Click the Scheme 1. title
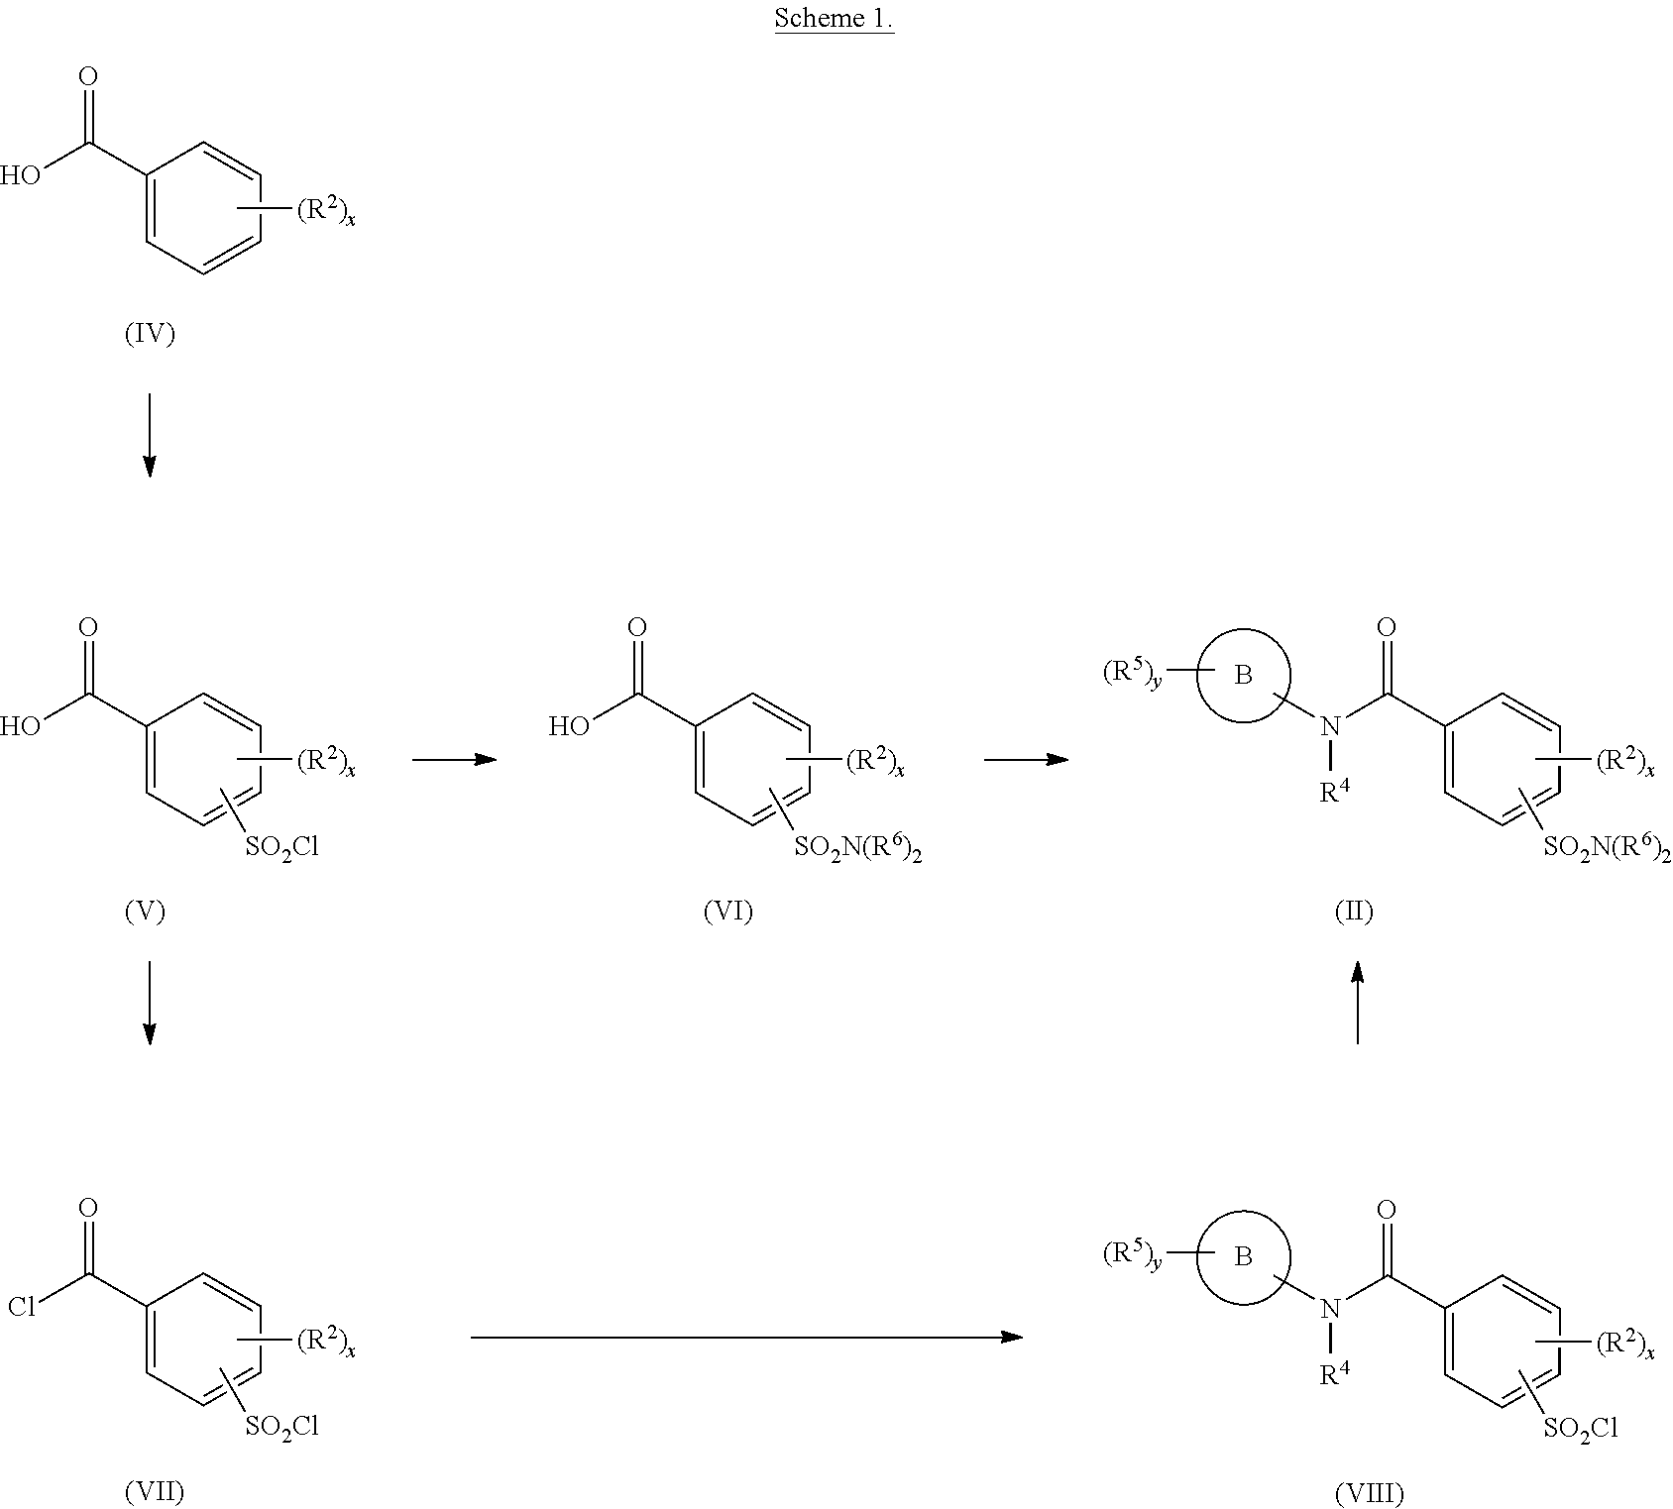pos(835,19)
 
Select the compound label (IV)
pos(150,334)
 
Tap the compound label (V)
pos(145,911)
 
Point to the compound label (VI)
pos(728,911)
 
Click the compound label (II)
pos(1354,911)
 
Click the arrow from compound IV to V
pos(150,435)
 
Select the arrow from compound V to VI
pos(454,760)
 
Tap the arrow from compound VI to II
pos(1027,760)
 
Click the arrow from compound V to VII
pos(150,1003)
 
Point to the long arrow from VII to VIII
pos(746,1338)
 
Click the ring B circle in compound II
pos(1244,676)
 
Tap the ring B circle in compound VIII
pos(1244,1256)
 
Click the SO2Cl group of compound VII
pos(281,1428)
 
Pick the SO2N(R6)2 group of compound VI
pos(858,847)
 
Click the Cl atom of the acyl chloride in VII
pos(22,1307)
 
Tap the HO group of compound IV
pos(20,175)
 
